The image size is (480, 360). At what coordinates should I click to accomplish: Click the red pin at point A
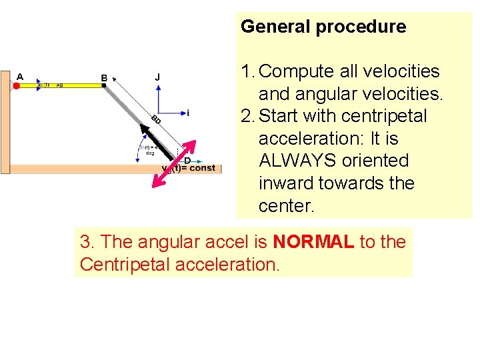click(x=16, y=85)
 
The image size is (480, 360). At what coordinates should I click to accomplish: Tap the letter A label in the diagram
click(x=19, y=77)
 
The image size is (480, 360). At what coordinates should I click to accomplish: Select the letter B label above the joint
click(x=104, y=78)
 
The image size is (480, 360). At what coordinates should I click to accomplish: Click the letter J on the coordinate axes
click(x=157, y=77)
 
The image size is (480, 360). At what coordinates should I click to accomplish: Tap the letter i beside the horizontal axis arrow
click(x=188, y=113)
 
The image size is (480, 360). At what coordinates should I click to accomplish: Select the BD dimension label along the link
click(x=156, y=120)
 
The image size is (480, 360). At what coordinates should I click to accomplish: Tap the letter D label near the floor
click(x=187, y=161)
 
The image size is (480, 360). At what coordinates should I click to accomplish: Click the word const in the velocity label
click(x=202, y=168)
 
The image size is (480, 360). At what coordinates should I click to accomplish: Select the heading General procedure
click(x=323, y=27)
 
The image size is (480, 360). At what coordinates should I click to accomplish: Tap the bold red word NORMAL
click(x=313, y=242)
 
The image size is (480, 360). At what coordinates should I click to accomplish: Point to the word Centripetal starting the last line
click(x=120, y=264)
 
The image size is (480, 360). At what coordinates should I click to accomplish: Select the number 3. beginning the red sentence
click(x=86, y=242)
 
